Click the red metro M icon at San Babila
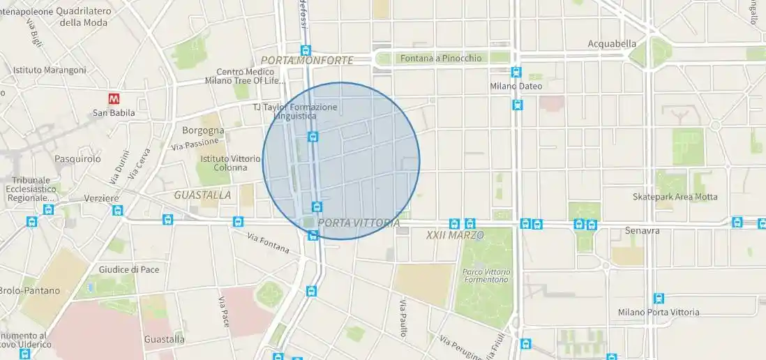point(114,99)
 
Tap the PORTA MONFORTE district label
point(307,61)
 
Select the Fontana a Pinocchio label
point(440,59)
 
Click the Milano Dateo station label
point(516,86)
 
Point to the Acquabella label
point(612,43)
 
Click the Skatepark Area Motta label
point(675,197)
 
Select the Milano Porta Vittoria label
point(658,312)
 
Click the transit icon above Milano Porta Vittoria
point(659,299)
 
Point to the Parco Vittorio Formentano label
point(486,276)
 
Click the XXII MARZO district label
point(455,236)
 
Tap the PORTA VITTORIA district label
point(359,223)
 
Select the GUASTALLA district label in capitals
point(202,195)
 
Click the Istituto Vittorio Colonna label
point(223,163)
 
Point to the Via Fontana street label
point(268,243)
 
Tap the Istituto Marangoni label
point(50,70)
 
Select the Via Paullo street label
point(403,319)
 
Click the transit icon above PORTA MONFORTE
point(306,50)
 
